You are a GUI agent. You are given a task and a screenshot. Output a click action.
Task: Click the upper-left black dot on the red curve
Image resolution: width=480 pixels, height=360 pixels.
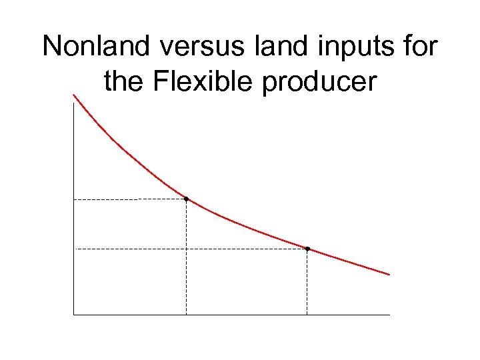[187, 199]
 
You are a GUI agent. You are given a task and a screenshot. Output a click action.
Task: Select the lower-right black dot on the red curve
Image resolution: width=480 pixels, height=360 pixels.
[307, 249]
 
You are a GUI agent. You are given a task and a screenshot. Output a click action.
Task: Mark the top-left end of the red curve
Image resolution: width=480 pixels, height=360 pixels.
[74, 95]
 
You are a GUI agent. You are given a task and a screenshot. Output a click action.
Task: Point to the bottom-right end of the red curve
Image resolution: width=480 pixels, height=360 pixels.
[389, 275]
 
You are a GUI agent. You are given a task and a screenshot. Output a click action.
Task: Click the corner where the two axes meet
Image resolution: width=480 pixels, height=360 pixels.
[74, 314]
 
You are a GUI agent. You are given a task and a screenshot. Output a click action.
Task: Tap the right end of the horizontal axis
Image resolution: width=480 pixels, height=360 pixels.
[389, 314]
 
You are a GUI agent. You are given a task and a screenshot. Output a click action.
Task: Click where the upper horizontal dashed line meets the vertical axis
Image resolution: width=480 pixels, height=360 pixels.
[74, 199]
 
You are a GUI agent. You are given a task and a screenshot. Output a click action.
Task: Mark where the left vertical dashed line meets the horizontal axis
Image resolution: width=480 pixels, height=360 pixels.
[187, 314]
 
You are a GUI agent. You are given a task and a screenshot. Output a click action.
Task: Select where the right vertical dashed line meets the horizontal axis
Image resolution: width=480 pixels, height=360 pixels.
[307, 314]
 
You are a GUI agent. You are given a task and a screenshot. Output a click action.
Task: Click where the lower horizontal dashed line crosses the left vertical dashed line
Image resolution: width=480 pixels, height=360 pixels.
[187, 249]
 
